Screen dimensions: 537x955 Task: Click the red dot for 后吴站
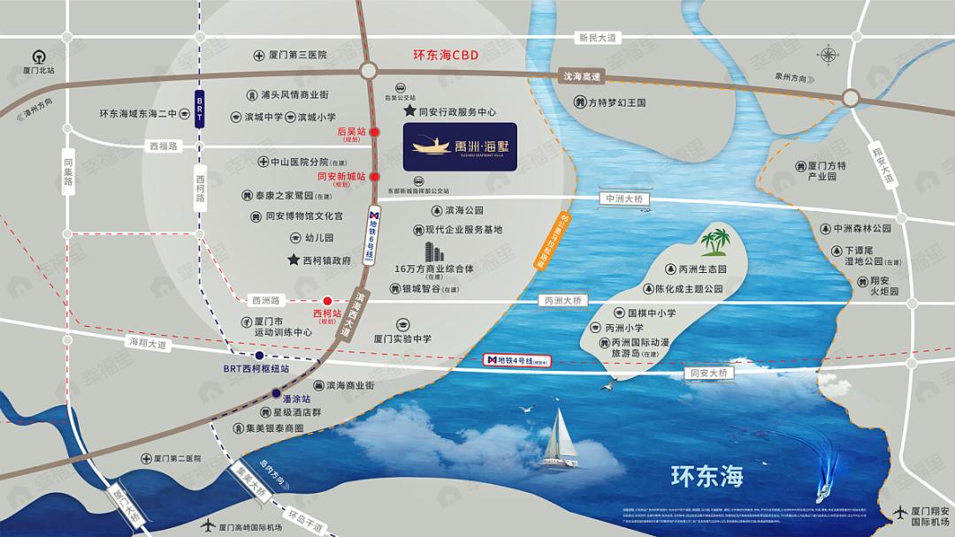[x=375, y=132]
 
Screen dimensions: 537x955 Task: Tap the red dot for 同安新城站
[x=375, y=176]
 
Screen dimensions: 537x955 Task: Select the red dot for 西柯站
[x=327, y=300]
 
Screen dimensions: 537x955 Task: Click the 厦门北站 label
[x=40, y=70]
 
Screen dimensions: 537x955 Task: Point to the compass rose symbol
[x=828, y=55]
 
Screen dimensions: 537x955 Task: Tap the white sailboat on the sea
[x=559, y=439]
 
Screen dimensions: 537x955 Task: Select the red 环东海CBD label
[x=446, y=55]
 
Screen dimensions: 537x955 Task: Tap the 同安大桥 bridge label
[x=710, y=374]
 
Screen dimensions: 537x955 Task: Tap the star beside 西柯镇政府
[x=293, y=261]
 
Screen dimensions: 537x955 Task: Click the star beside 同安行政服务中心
[x=409, y=112]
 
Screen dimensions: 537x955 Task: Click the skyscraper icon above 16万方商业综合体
[x=432, y=251]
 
